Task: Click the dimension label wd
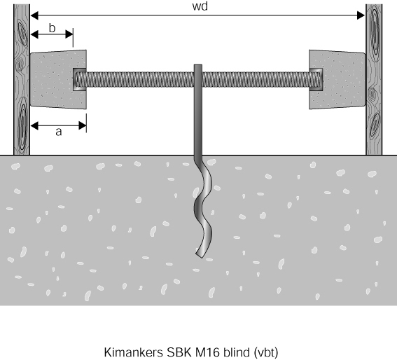(x=200, y=6)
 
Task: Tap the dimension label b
(x=52, y=28)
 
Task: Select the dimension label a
(x=59, y=132)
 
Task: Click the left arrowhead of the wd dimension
(x=34, y=15)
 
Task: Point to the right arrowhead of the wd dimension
(x=361, y=15)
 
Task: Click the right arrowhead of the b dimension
(x=69, y=34)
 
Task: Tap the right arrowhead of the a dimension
(x=83, y=125)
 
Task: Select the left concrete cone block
(x=58, y=80)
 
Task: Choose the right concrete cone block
(x=337, y=80)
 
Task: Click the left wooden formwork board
(x=22, y=79)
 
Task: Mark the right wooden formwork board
(x=374, y=79)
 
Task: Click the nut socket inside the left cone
(x=79, y=79)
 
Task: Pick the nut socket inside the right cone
(x=316, y=79)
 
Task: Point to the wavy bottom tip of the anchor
(x=199, y=256)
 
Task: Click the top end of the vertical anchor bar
(x=198, y=65)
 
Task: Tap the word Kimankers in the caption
(x=134, y=352)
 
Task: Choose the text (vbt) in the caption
(x=265, y=353)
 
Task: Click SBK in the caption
(x=179, y=352)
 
